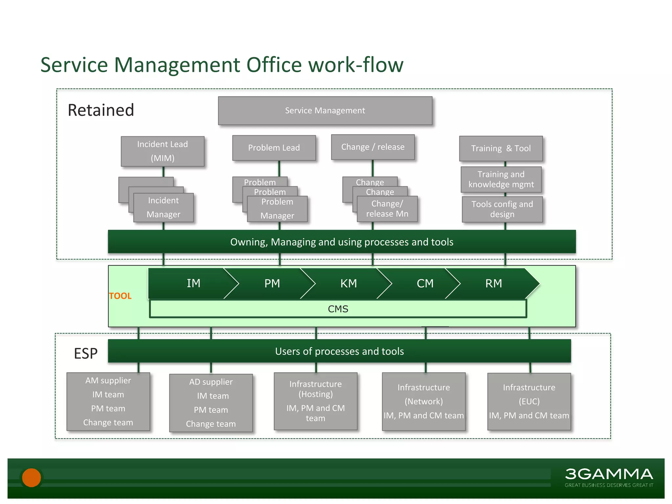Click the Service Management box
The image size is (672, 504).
325,111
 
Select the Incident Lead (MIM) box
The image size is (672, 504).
162,151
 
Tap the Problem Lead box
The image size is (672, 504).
274,148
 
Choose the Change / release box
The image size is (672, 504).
373,147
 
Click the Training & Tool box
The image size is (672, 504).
501,148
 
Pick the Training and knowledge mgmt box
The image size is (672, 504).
501,179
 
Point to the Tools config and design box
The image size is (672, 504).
502,209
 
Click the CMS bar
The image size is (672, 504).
338,309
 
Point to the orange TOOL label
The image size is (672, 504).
120,296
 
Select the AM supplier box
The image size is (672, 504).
108,401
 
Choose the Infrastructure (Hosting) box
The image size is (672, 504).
315,401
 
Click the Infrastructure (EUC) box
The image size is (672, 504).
529,401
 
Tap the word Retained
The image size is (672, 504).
101,110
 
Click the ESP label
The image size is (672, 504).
86,353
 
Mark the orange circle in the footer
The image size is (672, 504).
31,477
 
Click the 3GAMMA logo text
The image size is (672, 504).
609,474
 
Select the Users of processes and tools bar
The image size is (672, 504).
339,351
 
